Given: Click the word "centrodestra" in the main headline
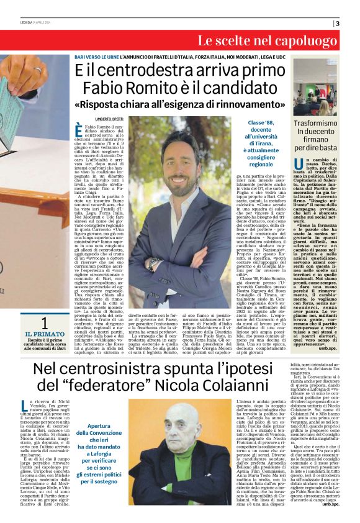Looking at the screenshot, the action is [149, 70].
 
